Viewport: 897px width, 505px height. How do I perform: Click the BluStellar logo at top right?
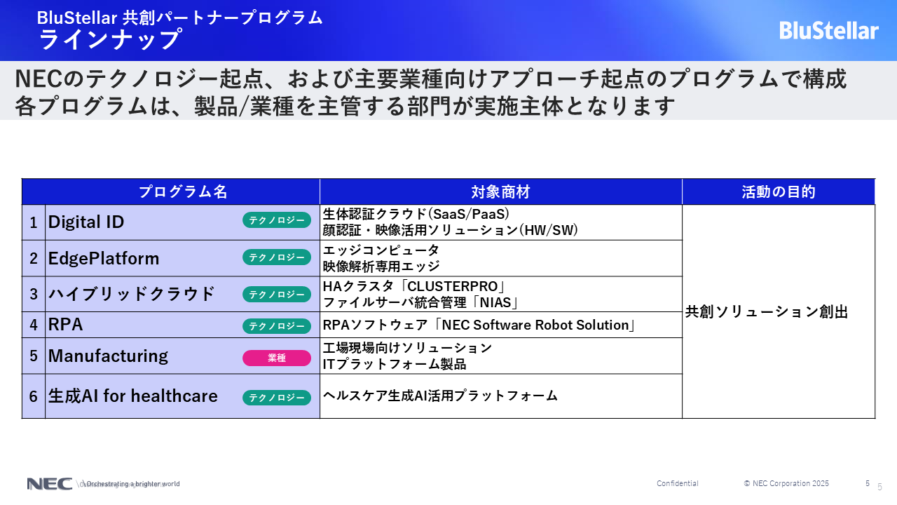click(x=828, y=31)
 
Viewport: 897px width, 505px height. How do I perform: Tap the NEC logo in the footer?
click(x=49, y=484)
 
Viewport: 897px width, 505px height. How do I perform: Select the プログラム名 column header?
click(x=183, y=191)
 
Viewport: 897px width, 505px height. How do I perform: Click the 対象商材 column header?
click(x=500, y=191)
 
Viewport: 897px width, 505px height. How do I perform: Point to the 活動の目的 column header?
click(x=779, y=191)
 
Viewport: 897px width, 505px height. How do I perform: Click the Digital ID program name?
click(x=86, y=222)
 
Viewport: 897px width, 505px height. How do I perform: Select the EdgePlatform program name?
click(x=104, y=258)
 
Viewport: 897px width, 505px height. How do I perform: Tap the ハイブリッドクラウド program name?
click(x=131, y=294)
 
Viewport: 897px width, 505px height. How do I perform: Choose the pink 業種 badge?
click(x=277, y=358)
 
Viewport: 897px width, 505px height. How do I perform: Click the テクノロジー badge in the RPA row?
click(x=277, y=326)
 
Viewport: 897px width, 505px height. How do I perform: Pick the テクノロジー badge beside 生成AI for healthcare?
click(x=277, y=398)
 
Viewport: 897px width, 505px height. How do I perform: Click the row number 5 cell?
click(x=34, y=356)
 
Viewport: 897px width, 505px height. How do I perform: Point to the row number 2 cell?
click(x=34, y=258)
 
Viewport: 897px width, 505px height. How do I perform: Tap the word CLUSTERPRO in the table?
click(x=452, y=286)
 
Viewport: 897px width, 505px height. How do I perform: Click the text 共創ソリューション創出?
click(x=767, y=312)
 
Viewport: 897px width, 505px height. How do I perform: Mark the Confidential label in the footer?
click(x=678, y=483)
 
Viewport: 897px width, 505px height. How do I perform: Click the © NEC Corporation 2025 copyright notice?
click(x=786, y=483)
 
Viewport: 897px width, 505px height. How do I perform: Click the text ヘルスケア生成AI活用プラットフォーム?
click(x=440, y=396)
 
